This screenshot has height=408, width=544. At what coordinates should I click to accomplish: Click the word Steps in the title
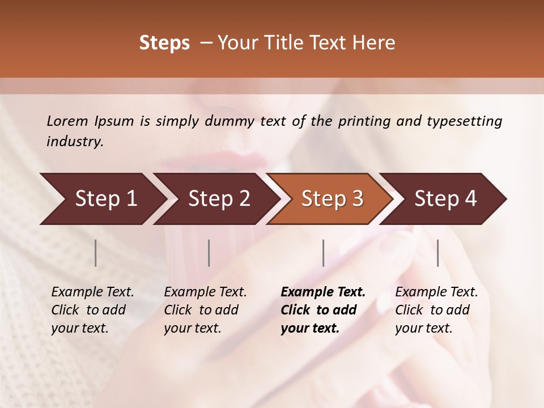(x=164, y=43)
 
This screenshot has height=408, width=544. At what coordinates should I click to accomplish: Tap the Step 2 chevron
(x=219, y=199)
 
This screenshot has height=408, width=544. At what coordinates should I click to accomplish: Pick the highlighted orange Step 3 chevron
(x=332, y=199)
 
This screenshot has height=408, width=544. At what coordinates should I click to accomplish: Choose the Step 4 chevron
(x=445, y=199)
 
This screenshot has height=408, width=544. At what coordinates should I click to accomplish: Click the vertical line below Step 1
(x=96, y=253)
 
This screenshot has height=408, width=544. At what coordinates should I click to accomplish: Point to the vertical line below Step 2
(x=209, y=253)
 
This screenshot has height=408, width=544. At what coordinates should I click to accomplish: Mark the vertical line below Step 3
(x=323, y=253)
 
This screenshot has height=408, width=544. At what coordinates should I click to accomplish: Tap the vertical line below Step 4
(x=437, y=253)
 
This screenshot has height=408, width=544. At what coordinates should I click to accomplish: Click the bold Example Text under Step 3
(x=323, y=292)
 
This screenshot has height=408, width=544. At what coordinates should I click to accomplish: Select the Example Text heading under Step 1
(x=92, y=292)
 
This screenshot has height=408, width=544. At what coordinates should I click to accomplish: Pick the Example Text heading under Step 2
(x=205, y=292)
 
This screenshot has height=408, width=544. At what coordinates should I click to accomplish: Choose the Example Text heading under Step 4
(x=436, y=292)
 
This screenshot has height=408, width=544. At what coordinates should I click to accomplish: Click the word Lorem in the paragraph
(x=67, y=121)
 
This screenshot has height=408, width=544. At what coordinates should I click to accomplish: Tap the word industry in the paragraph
(x=75, y=141)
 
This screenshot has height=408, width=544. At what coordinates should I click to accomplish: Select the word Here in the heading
(x=376, y=43)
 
